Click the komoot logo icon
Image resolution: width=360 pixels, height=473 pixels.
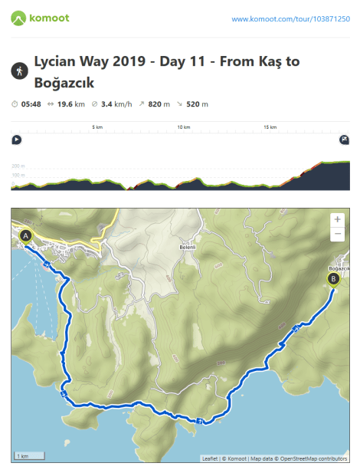point(18,17)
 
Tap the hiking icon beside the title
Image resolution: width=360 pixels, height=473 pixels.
point(18,71)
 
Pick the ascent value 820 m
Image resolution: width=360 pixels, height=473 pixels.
point(159,103)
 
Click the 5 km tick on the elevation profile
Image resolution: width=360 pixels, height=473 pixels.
point(97,127)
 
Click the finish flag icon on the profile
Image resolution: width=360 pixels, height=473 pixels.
point(344,140)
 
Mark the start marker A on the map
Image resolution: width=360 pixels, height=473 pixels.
point(26,236)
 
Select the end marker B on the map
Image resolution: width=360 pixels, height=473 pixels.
point(333,279)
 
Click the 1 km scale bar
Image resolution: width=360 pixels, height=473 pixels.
point(28,455)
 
